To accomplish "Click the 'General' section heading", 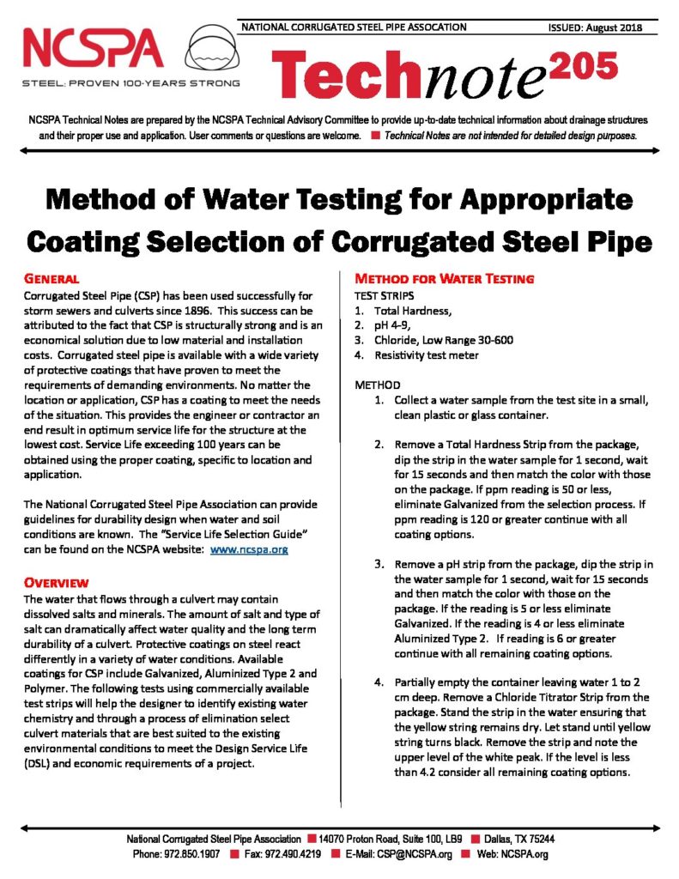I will (x=51, y=279).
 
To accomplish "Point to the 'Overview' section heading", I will (x=57, y=582).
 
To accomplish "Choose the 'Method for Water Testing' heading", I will (x=445, y=279).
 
